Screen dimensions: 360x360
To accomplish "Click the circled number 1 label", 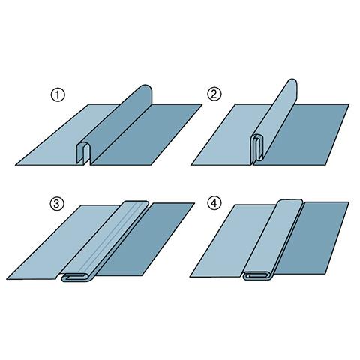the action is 58,95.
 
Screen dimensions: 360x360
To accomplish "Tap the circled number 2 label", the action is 214,94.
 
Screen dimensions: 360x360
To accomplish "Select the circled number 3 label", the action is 57,204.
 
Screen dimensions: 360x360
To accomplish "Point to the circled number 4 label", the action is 214,203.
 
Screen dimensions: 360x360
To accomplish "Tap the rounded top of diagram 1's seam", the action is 145,91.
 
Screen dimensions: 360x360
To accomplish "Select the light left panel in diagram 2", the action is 225,140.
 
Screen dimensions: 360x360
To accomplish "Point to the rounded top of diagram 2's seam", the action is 292,84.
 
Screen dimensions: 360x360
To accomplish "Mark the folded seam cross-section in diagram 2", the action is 257,149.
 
